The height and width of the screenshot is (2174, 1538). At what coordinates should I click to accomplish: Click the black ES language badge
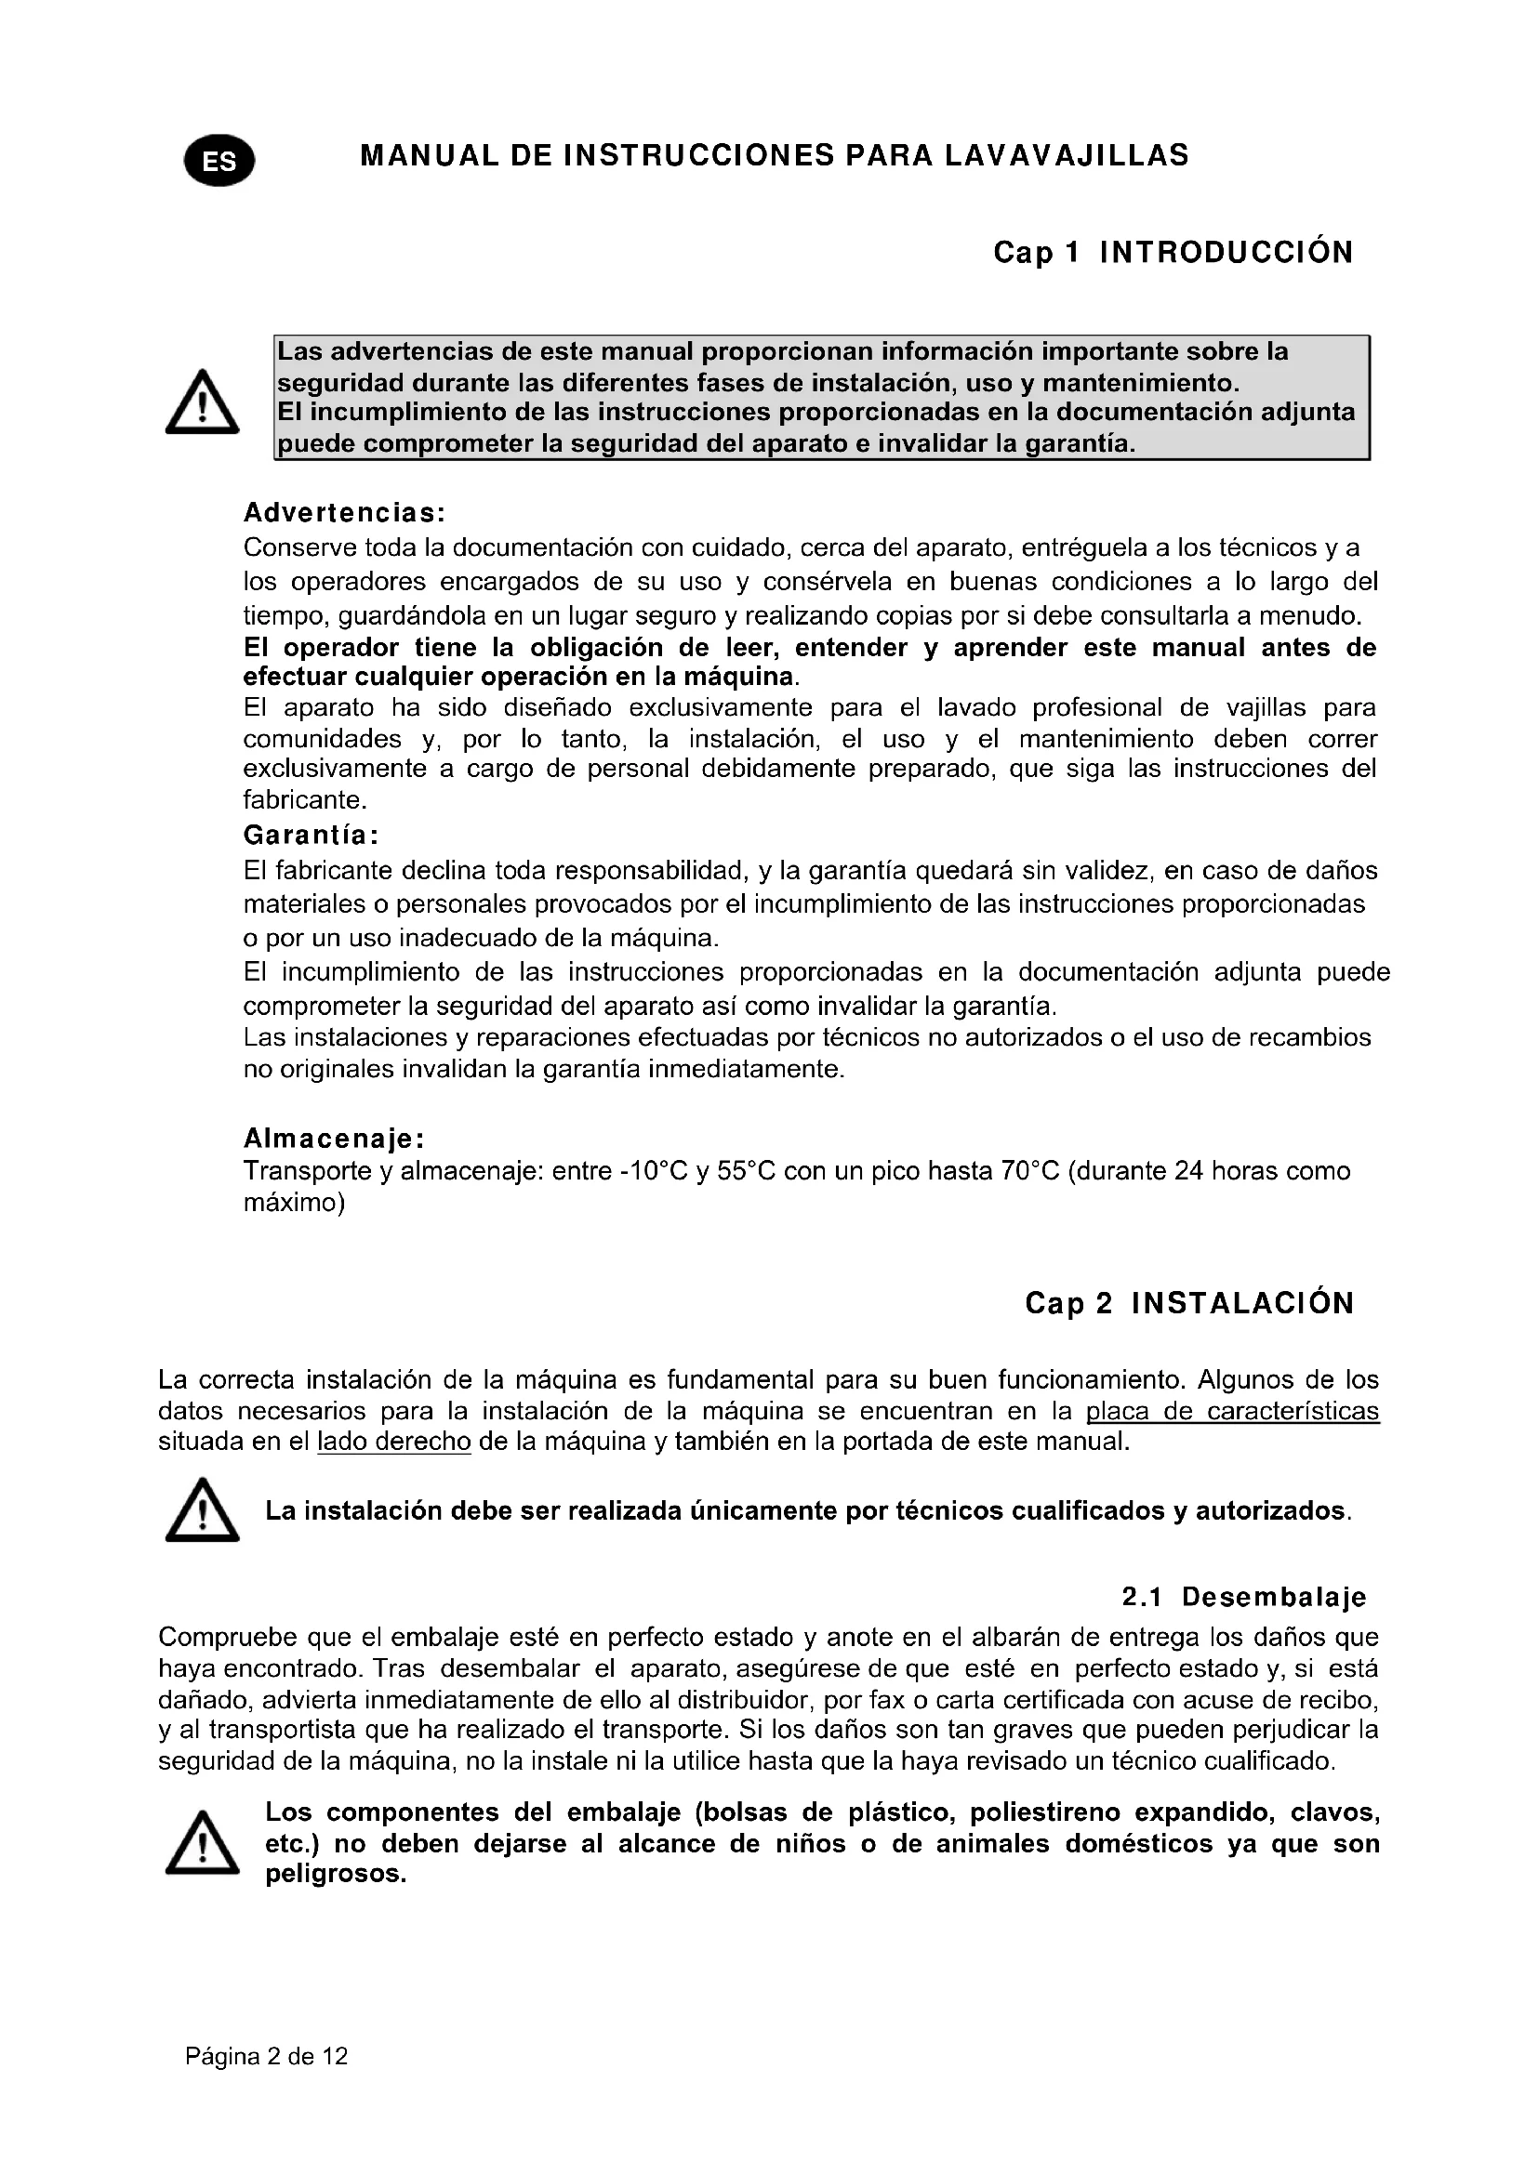pyautogui.click(x=219, y=161)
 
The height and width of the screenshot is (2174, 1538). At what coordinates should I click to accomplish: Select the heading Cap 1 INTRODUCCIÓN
pyautogui.click(x=1173, y=253)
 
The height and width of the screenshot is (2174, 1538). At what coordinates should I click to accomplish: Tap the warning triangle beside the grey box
pyautogui.click(x=202, y=403)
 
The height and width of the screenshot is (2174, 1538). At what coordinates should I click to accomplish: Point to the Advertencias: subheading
pyautogui.click(x=344, y=513)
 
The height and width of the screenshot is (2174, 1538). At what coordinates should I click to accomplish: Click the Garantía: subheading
pyautogui.click(x=312, y=836)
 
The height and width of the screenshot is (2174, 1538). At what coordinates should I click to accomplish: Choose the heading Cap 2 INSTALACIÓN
pyautogui.click(x=1189, y=1304)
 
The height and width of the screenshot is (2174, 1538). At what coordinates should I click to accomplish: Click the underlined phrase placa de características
pyautogui.click(x=1232, y=1412)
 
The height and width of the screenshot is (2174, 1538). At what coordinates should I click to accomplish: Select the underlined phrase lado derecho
pyautogui.click(x=394, y=1443)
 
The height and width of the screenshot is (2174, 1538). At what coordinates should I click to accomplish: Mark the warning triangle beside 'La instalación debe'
pyautogui.click(x=202, y=1511)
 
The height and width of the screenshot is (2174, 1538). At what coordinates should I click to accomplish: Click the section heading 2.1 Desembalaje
pyautogui.click(x=1243, y=1598)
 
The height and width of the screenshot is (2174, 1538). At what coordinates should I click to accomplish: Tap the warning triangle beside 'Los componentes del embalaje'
pyautogui.click(x=202, y=1843)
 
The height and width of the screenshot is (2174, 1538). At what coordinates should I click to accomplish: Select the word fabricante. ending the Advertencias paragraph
pyautogui.click(x=304, y=800)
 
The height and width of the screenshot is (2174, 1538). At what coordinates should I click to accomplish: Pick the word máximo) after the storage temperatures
pyautogui.click(x=294, y=1204)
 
